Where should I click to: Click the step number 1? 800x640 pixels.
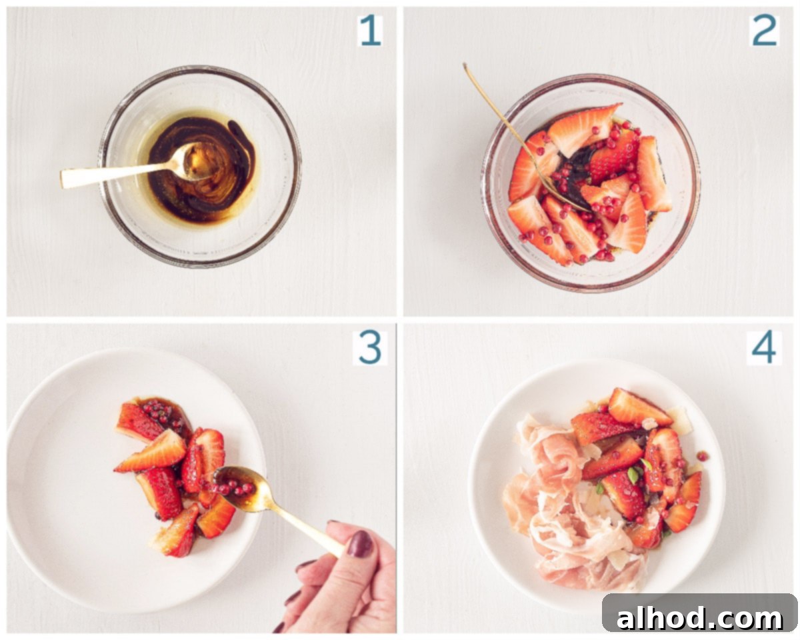[370, 30]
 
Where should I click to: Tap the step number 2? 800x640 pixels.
[765, 30]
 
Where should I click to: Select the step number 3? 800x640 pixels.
[370, 348]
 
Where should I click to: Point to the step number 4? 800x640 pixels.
[764, 348]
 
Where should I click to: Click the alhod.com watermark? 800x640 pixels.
[699, 618]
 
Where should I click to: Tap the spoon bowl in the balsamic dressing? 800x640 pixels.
[197, 161]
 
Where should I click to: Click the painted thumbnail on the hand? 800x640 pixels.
[360, 544]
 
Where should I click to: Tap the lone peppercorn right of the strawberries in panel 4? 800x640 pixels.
[702, 456]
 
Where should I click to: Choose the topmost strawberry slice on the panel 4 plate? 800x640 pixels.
[637, 408]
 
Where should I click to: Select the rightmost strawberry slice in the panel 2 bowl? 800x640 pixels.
[653, 173]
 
